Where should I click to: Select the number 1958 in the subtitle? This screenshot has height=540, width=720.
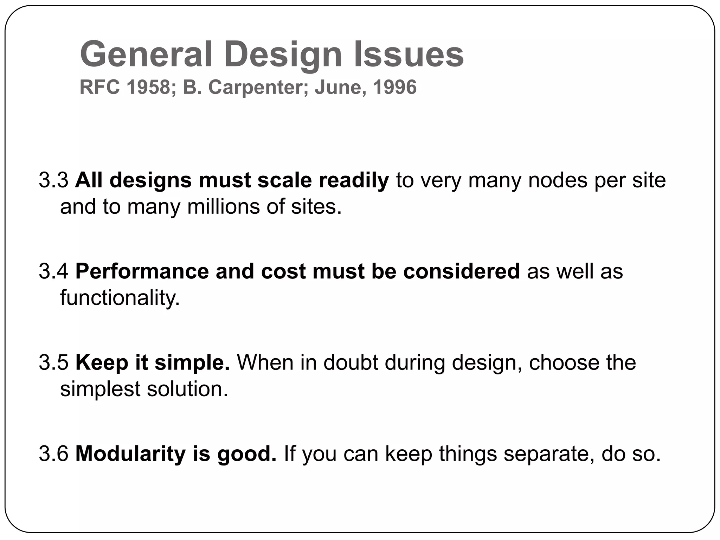pyautogui.click(x=148, y=87)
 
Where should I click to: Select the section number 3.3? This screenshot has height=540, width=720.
pyautogui.click(x=53, y=180)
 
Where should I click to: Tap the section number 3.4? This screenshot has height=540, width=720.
pyautogui.click(x=53, y=271)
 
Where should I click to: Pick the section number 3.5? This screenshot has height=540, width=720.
pyautogui.click(x=53, y=362)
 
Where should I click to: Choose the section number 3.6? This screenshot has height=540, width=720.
pyautogui.click(x=53, y=454)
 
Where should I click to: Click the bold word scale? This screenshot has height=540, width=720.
pyautogui.click(x=284, y=180)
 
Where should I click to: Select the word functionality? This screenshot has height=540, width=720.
pyautogui.click(x=120, y=298)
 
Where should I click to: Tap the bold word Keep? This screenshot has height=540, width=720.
pyautogui.click(x=102, y=362)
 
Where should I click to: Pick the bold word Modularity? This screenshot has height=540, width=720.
pyautogui.click(x=130, y=454)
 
